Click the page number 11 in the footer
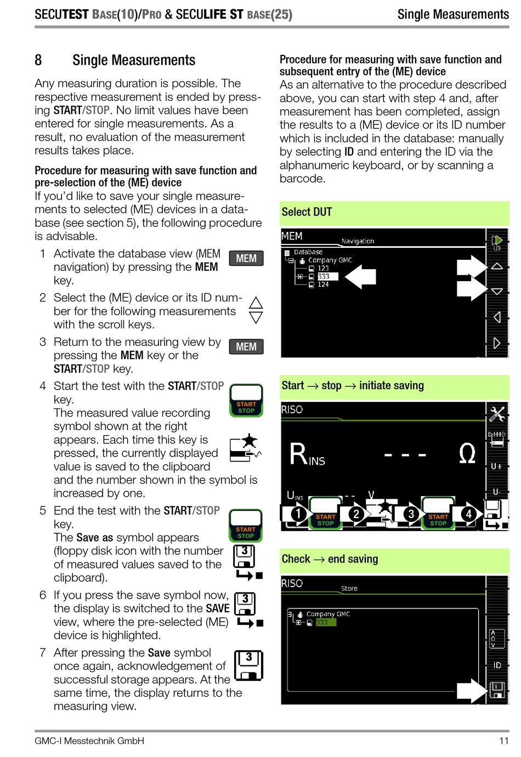click(503, 741)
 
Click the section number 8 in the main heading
click(38, 60)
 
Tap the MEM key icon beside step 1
click(246, 259)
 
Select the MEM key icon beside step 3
click(246, 347)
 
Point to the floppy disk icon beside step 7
click(248, 665)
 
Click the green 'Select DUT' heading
click(307, 212)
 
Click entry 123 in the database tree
click(323, 269)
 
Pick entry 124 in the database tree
click(323, 284)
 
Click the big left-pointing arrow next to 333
click(360, 276)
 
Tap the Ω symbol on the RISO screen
click(467, 454)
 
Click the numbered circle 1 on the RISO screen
click(298, 514)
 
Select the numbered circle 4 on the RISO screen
click(468, 514)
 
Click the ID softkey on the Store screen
click(497, 665)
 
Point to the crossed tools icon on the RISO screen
click(497, 414)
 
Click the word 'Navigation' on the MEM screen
click(358, 241)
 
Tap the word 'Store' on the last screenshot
click(349, 588)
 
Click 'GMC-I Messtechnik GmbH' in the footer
click(89, 741)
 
